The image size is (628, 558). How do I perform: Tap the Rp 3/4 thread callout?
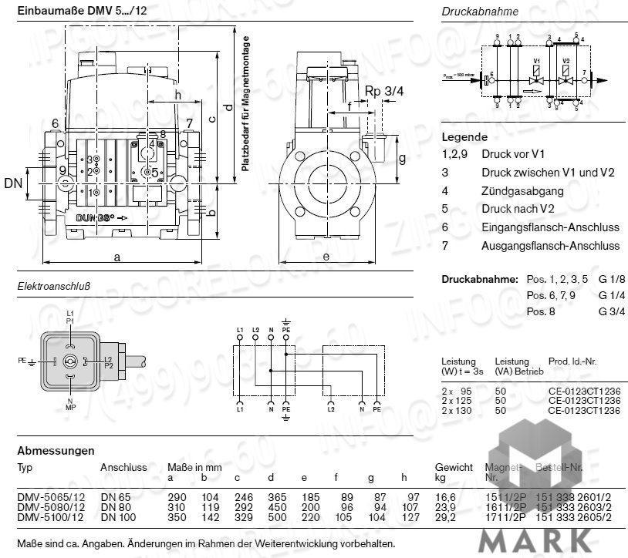(383, 91)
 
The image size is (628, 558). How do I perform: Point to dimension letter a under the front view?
(117, 258)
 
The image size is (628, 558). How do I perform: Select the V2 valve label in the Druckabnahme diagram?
(566, 59)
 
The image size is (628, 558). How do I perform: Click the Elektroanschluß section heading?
(54, 287)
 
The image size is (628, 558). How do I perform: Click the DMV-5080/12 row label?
(46, 508)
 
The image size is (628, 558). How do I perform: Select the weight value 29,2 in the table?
(446, 517)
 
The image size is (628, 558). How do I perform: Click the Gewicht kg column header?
(454, 472)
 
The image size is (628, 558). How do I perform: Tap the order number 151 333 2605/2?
(574, 517)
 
